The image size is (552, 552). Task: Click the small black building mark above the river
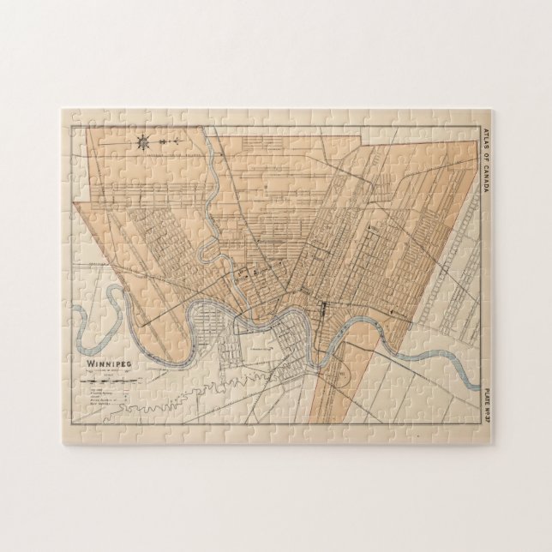click(x=323, y=305)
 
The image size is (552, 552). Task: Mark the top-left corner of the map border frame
click(x=72, y=126)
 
